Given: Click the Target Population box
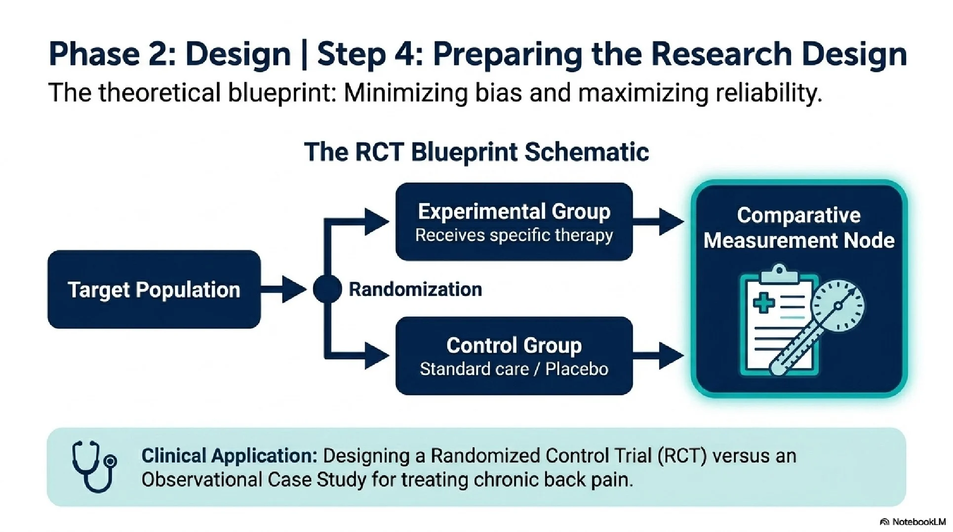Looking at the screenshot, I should click(x=154, y=289).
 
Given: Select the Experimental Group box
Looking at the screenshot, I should click(x=514, y=222).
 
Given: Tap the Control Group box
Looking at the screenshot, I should click(x=514, y=356).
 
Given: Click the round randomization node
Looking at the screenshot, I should click(x=327, y=289).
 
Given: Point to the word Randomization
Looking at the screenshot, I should click(x=415, y=289).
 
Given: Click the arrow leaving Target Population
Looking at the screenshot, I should click(x=284, y=289).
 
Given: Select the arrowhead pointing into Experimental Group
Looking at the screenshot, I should click(x=376, y=222).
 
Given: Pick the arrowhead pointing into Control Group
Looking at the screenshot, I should click(x=376, y=356).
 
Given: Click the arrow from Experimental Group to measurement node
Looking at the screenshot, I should click(x=659, y=222).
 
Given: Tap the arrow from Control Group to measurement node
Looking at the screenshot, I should click(x=659, y=356).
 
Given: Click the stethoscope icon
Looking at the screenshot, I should click(x=94, y=467).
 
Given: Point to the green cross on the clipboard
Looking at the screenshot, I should click(x=764, y=302).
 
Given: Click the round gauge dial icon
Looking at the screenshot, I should click(x=838, y=306).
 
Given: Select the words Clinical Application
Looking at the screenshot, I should click(x=229, y=455).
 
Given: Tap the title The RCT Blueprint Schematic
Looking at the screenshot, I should click(x=476, y=152).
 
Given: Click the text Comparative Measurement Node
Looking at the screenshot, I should click(x=798, y=228).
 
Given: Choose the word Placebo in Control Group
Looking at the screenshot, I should click(x=577, y=369).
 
